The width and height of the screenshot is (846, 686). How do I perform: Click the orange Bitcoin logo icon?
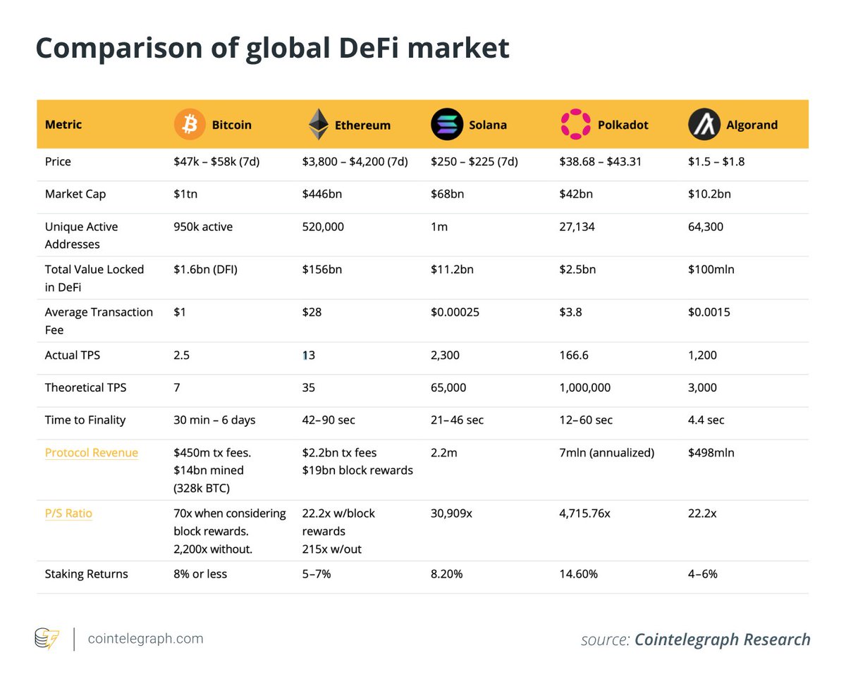[190, 125]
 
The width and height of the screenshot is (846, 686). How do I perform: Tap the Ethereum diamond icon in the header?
[318, 125]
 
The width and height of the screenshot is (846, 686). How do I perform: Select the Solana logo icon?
[446, 125]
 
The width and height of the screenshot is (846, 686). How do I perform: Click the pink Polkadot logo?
[575, 125]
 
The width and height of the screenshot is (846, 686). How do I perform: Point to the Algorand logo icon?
[704, 125]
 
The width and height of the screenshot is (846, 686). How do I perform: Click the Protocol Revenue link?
[91, 453]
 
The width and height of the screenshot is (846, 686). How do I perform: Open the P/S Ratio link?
[68, 513]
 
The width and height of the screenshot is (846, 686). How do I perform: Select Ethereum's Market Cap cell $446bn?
[321, 194]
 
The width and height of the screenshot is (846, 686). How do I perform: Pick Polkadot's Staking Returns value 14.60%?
[578, 574]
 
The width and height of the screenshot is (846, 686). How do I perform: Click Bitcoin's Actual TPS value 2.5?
[182, 355]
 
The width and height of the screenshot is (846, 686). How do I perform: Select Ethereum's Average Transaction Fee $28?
[312, 312]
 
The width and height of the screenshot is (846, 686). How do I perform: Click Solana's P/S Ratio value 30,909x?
[451, 513]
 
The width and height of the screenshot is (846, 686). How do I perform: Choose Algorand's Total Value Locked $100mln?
[711, 269]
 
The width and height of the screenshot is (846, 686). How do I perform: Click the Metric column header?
[63, 125]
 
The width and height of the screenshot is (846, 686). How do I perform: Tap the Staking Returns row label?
[86, 574]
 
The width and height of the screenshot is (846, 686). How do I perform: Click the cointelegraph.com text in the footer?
[145, 639]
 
